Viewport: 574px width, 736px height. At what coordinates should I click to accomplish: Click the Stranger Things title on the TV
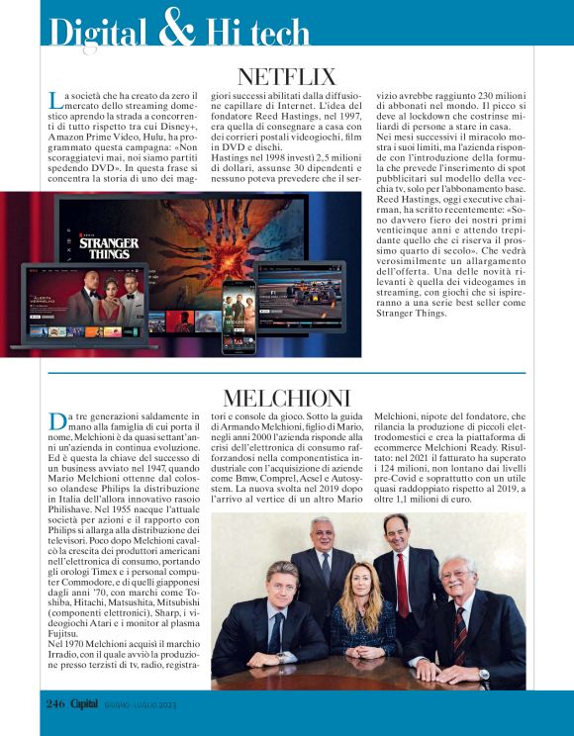coord(109,245)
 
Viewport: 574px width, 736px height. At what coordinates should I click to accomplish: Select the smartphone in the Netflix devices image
coord(239,316)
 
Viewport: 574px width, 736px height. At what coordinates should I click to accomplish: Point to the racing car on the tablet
coord(310,293)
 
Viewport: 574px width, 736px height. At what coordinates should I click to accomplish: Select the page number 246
coord(54,703)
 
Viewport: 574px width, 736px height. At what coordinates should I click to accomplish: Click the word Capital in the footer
coord(90,703)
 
